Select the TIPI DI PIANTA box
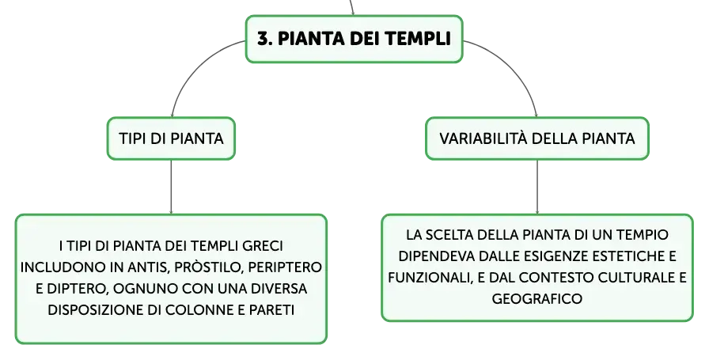(x=171, y=138)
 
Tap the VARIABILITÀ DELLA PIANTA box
(x=537, y=138)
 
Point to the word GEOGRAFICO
(x=537, y=299)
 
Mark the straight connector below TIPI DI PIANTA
(x=171, y=187)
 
